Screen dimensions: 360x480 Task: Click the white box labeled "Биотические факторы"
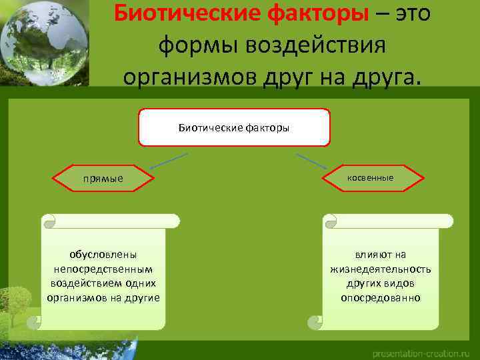(234, 127)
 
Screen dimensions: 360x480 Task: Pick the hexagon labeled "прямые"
(103, 179)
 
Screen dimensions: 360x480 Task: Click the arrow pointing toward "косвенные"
(311, 162)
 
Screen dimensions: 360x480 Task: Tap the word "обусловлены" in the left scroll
(103, 255)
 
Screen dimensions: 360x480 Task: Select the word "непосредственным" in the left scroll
(103, 269)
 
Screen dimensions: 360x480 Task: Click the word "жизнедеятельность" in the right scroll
(381, 269)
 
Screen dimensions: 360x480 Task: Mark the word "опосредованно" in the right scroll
(381, 297)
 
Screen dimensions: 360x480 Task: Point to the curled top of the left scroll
(110, 221)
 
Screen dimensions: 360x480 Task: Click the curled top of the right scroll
(387, 221)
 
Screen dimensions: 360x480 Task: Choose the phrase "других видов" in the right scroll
(381, 283)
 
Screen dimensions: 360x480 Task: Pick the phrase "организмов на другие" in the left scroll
(103, 297)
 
